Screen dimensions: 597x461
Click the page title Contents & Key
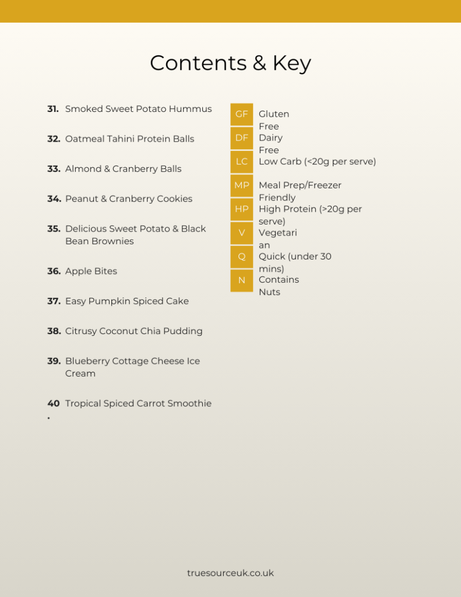230,63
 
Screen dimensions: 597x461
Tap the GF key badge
241,114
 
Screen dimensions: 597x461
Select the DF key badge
241,138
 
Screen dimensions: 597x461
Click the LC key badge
241,161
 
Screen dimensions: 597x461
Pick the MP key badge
241,185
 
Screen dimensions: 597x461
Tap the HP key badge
241,209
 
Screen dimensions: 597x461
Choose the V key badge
241,233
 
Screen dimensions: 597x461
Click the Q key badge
241,257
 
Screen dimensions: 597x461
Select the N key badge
241,280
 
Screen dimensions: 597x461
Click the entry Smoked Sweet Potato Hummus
138,109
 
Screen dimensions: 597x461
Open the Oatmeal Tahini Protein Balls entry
129,139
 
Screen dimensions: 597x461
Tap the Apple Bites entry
91,271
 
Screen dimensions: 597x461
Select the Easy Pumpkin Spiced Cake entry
126,301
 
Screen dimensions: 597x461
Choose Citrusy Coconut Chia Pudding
133,331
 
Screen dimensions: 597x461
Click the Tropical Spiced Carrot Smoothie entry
138,403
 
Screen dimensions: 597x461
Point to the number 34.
54,199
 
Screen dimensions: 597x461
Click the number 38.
54,331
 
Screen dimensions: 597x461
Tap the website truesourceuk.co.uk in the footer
230,573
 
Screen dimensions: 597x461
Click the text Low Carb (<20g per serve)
317,161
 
